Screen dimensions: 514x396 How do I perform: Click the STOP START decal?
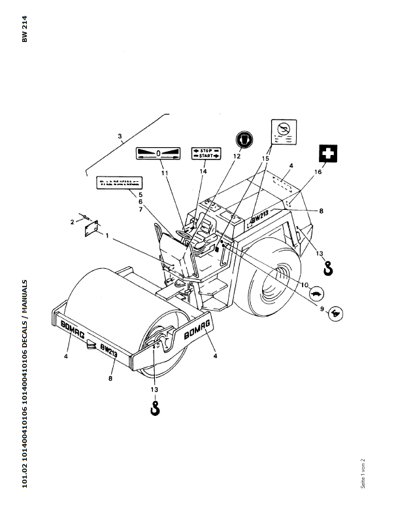pyautogui.click(x=206, y=154)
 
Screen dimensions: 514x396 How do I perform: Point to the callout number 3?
pyautogui.click(x=120, y=137)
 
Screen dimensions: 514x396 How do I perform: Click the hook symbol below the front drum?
pyautogui.click(x=156, y=409)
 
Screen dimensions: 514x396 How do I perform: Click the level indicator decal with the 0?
pyautogui.click(x=157, y=154)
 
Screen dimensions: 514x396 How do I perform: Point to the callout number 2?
pyautogui.click(x=72, y=222)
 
